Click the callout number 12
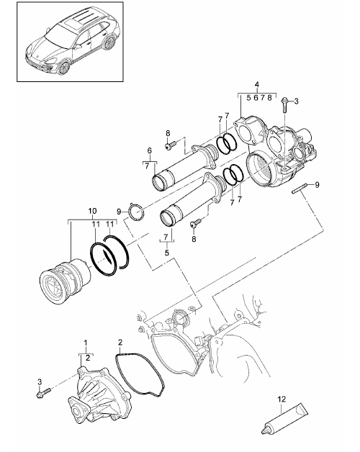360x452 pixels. point(282,399)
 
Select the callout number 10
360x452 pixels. point(92,211)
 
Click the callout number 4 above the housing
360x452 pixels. point(257,84)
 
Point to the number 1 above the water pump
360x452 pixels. point(86,343)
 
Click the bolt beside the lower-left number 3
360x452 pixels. point(44,392)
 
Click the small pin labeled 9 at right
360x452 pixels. point(299,190)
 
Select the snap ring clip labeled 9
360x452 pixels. point(136,212)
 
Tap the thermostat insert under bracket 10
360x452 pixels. point(65,281)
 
